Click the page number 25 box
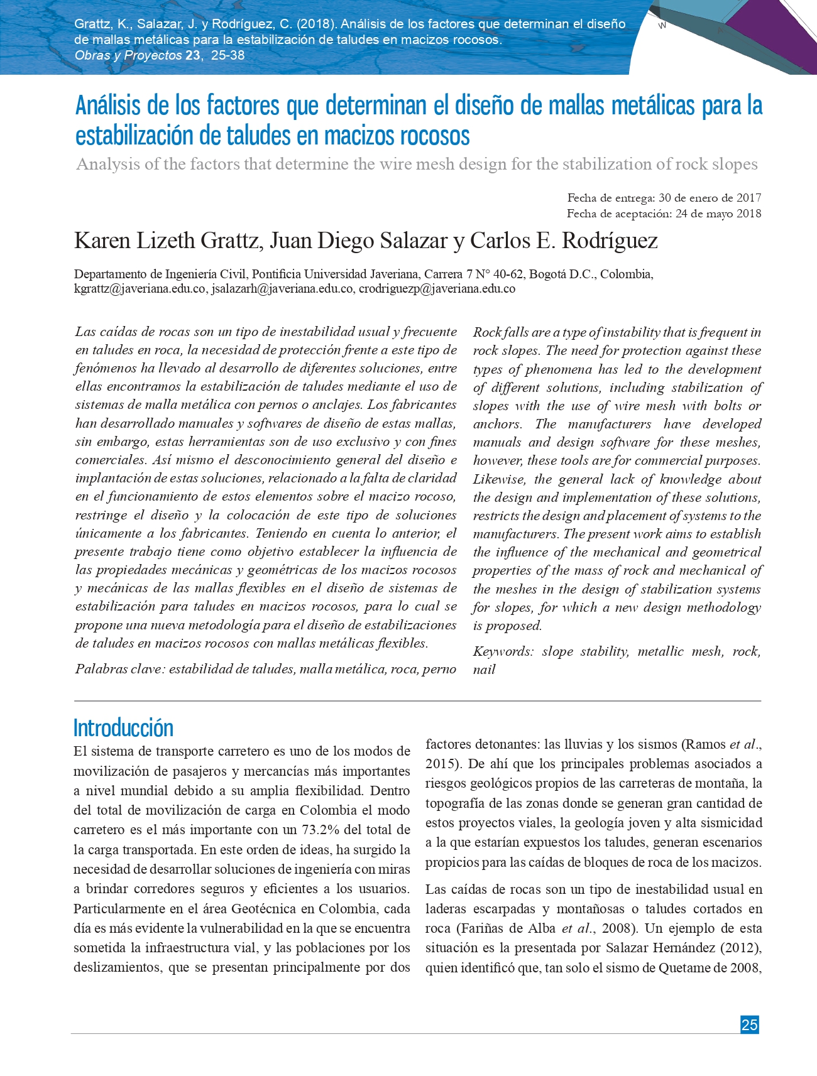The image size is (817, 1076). coord(749,1024)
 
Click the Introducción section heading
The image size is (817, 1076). coord(123,728)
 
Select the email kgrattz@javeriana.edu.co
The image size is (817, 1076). coord(140,289)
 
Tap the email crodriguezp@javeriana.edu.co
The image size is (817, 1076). coord(437,289)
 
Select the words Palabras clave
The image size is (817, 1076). coord(119,669)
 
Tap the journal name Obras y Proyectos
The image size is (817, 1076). coord(128,55)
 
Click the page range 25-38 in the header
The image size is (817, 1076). coord(228,55)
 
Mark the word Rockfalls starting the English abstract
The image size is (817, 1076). coord(500,332)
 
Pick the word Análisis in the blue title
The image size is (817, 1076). coord(107,106)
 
